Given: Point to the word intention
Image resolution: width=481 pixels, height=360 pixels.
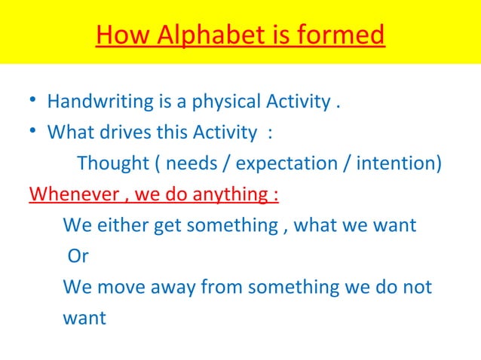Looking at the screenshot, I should (399, 163).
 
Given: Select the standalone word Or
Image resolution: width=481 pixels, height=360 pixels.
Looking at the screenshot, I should (78, 256).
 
